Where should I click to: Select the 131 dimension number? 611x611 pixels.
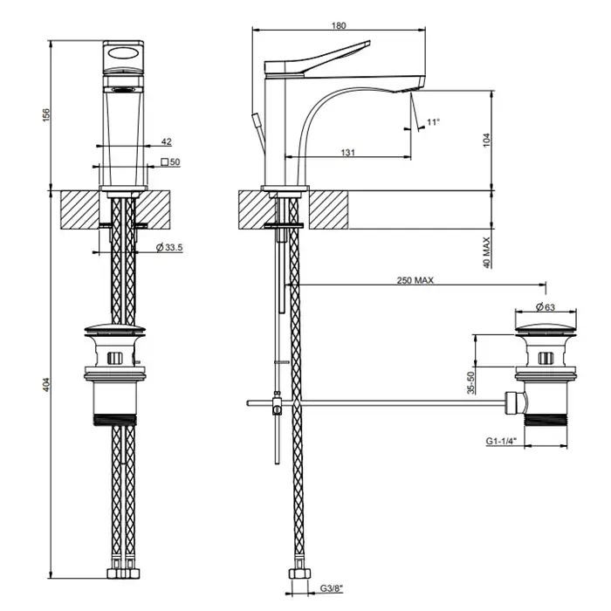click(x=347, y=152)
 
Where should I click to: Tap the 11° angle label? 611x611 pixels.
click(x=433, y=123)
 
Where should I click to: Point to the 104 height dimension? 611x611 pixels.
click(x=488, y=138)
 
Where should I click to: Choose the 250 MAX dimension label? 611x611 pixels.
click(x=415, y=280)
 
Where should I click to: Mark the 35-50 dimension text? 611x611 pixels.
click(x=470, y=383)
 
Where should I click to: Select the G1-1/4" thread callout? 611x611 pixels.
click(x=502, y=443)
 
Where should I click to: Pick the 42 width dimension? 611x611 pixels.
click(x=166, y=141)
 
